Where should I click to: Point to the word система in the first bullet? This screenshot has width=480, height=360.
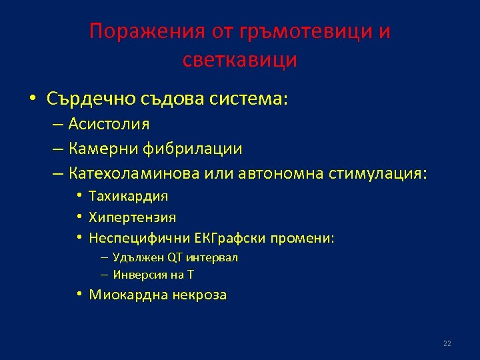tap(251, 99)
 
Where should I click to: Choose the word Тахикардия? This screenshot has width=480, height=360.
tap(128, 196)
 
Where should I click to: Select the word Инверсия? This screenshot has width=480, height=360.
tap(135, 275)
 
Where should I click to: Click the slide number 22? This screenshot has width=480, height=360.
tap(447, 343)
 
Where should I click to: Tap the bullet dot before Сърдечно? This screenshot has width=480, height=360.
tap(32, 99)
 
